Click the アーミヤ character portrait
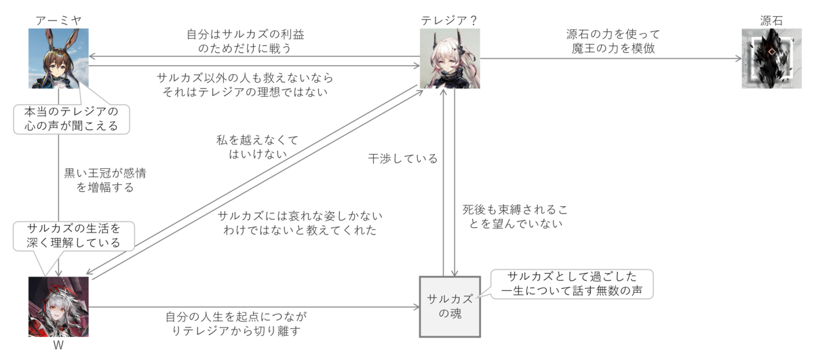[58, 58]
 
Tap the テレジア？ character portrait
[450, 58]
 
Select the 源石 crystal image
[771, 58]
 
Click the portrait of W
[58, 306]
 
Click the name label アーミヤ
[58, 20]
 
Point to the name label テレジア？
[450, 20]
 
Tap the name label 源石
[771, 20]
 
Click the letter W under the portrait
[58, 345]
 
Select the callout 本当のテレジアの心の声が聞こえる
[71, 118]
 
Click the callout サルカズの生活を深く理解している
[73, 235]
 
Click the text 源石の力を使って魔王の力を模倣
[613, 41]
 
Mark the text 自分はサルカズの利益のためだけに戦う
[254, 41]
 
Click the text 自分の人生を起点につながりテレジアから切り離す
[235, 324]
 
